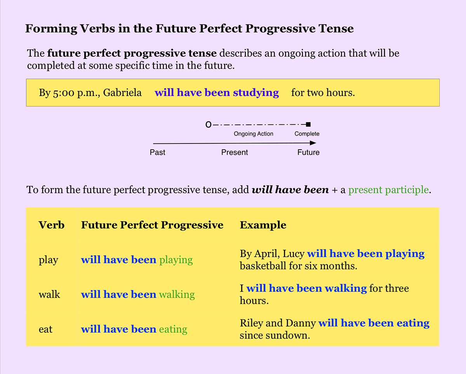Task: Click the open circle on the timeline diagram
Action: [209, 125]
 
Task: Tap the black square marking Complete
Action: [308, 124]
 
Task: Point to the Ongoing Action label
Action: [253, 134]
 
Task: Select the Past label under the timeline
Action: [157, 152]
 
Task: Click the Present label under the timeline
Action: [235, 152]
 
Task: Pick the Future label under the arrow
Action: [308, 152]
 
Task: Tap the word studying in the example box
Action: [256, 93]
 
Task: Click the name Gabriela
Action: [122, 93]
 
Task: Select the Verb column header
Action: [52, 225]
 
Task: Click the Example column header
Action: [263, 225]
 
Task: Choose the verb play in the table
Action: [48, 260]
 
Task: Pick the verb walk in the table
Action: [49, 295]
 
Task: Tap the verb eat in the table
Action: [45, 329]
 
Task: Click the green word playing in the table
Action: [176, 260]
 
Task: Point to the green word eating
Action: [173, 329]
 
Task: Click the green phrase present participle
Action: [389, 190]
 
